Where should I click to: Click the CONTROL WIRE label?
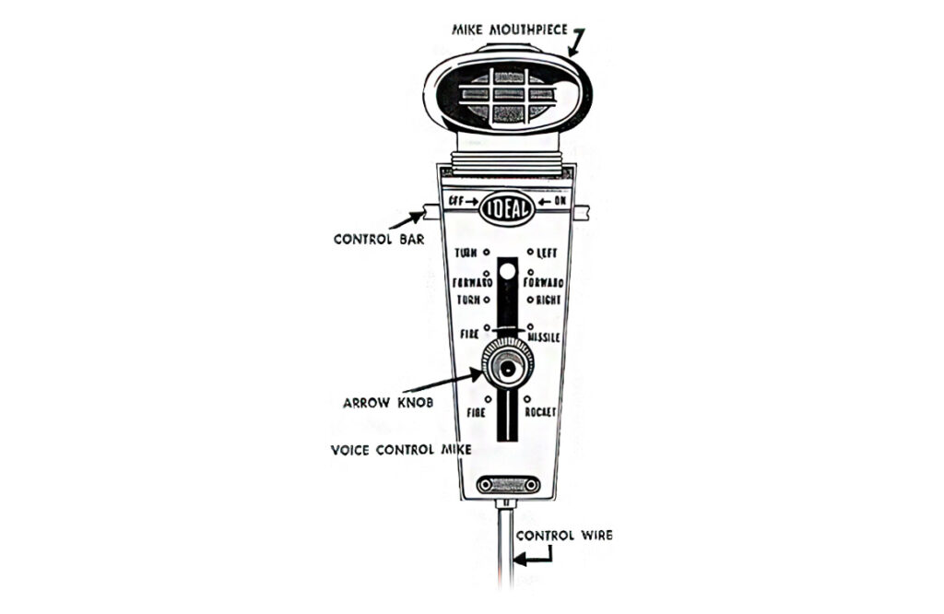tap(563, 535)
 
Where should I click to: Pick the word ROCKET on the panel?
tap(541, 411)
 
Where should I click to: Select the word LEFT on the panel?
tap(548, 253)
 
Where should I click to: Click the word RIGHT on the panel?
tap(546, 301)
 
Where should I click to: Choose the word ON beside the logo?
tap(560, 201)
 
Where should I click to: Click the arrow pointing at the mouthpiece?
tap(577, 42)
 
